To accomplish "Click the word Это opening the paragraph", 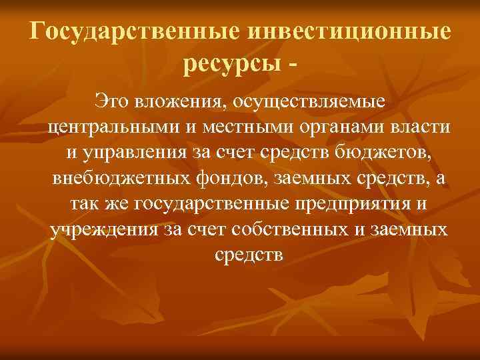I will [x=113, y=102].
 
